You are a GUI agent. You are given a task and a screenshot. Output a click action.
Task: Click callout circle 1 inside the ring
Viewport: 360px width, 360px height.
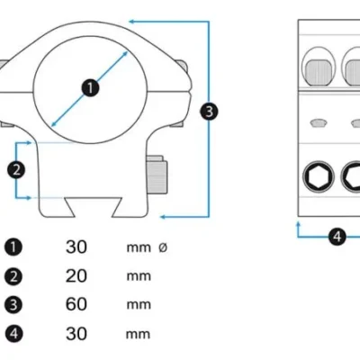(x=90, y=88)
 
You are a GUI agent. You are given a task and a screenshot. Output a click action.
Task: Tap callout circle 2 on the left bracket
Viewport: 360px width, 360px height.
(x=16, y=170)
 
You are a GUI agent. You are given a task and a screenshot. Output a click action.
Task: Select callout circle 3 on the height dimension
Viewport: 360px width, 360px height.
(x=209, y=112)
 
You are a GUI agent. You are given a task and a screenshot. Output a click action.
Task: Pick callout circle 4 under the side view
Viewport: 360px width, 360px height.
(x=337, y=237)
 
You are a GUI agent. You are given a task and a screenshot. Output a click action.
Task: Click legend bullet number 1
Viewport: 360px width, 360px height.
(x=13, y=247)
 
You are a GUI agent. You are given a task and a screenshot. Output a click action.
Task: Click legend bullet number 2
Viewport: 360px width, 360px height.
(x=13, y=276)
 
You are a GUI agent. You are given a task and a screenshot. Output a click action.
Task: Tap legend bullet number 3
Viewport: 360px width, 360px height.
(x=13, y=304)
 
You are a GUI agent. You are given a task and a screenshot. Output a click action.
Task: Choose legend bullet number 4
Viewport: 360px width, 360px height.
(x=13, y=333)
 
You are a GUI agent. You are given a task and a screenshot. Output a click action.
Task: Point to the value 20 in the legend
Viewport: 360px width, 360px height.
(x=76, y=276)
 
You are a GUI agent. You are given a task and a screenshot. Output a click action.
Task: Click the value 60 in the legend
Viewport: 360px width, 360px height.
(x=76, y=304)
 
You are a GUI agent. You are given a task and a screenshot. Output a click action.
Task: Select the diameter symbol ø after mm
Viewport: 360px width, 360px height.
(x=163, y=247)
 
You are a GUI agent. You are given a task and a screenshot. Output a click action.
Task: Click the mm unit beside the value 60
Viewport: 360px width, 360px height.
(x=139, y=305)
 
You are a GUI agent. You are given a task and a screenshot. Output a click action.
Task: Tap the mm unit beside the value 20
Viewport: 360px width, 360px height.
(x=139, y=276)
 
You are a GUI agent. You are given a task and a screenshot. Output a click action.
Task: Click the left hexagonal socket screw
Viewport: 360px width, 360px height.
(x=319, y=176)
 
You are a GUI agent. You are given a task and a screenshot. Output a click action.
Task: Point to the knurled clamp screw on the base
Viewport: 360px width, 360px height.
(x=157, y=175)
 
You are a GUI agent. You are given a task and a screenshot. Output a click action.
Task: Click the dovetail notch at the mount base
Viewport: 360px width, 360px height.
(x=94, y=206)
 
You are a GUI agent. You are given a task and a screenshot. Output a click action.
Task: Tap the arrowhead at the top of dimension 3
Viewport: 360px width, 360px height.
(x=131, y=22)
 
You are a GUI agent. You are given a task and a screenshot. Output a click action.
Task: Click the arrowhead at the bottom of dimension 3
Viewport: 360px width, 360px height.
(x=164, y=217)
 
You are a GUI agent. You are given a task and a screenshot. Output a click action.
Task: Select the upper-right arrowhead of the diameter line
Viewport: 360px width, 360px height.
(x=125, y=54)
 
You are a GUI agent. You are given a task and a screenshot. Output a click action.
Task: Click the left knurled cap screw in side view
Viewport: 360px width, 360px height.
(x=319, y=72)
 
